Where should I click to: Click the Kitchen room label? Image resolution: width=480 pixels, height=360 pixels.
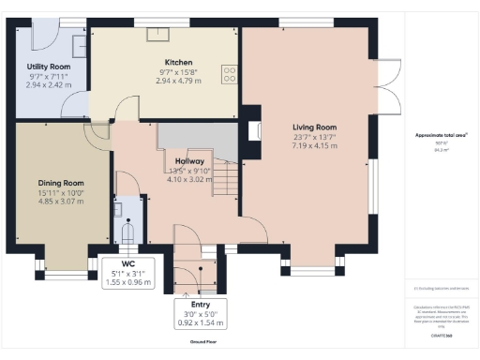(165, 61)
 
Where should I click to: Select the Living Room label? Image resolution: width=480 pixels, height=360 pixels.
(314, 127)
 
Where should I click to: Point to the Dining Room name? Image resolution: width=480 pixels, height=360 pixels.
(61, 183)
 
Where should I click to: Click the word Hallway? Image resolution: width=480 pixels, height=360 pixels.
(190, 160)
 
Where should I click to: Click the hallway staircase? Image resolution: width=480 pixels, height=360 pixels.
(225, 178)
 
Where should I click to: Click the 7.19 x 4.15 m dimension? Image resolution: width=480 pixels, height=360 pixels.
(314, 145)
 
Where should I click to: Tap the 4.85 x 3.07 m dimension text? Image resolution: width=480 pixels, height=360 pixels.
(61, 201)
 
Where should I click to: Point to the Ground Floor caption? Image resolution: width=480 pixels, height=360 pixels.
(200, 342)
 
